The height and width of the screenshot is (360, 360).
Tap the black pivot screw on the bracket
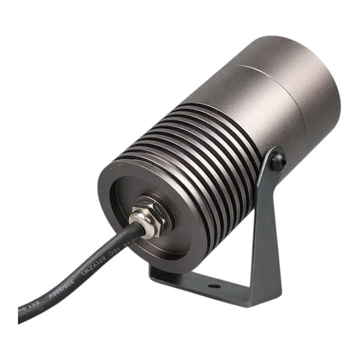(278, 160)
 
